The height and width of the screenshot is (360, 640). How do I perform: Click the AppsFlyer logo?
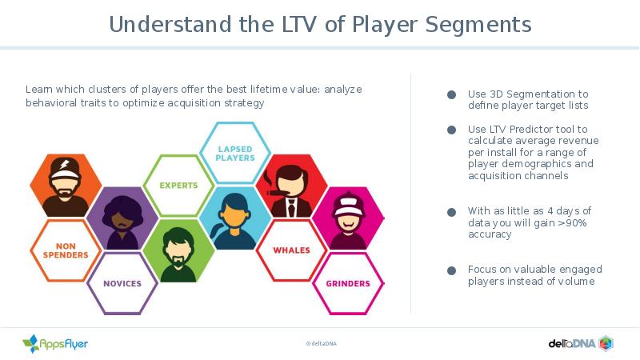55,344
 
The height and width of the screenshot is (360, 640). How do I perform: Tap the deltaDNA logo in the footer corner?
581,343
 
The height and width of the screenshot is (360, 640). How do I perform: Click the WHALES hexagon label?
291,250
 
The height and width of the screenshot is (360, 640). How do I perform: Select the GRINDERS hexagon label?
348,283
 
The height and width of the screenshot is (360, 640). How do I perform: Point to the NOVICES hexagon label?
122,283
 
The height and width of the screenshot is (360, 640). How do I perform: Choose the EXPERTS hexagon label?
178,186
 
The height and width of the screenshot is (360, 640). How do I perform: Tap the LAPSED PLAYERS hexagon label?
235,154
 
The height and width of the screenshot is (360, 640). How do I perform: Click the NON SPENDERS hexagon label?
66,250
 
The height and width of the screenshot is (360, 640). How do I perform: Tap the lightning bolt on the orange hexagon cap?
66,164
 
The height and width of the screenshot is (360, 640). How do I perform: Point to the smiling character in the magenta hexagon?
348,221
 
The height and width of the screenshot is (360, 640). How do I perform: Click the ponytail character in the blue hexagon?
234,222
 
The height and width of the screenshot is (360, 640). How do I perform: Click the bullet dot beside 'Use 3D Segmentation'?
451,94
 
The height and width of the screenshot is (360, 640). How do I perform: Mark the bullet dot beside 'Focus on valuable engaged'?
451,270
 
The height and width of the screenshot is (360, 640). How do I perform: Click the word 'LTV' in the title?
298,24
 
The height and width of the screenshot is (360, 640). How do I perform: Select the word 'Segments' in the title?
478,25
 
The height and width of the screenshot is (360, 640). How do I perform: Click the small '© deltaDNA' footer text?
322,344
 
